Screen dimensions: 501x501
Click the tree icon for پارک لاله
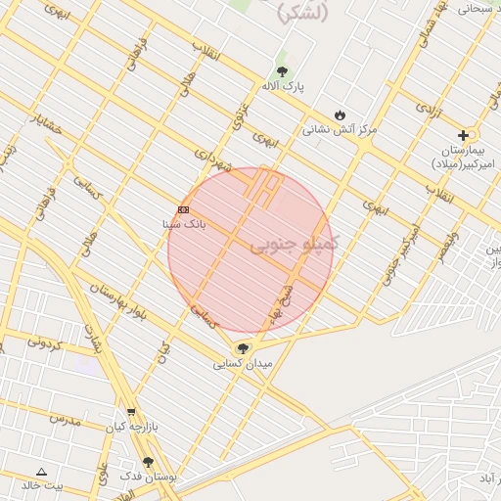point(283,71)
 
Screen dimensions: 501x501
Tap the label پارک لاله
point(283,86)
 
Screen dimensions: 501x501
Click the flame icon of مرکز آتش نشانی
point(340,114)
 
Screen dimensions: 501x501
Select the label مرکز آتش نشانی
point(340,129)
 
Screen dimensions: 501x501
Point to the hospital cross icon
point(463,135)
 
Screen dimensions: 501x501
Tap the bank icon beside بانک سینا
point(183,209)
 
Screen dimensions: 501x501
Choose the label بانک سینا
point(183,224)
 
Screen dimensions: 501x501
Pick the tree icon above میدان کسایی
point(243,348)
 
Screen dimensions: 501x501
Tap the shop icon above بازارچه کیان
point(131,413)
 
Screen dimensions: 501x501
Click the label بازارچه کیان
point(130,429)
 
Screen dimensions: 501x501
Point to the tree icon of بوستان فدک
point(148,462)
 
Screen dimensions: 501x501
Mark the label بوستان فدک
point(148,477)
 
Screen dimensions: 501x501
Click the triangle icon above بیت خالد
point(41,472)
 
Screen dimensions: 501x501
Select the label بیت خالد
point(42,485)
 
